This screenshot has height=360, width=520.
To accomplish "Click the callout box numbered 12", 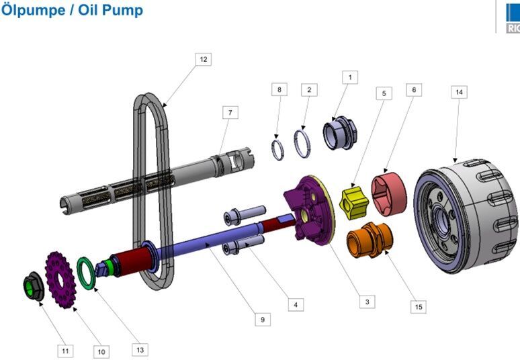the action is [x=204, y=59].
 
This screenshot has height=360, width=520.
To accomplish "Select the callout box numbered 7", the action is [x=230, y=112].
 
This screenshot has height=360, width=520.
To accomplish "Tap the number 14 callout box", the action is [x=459, y=92].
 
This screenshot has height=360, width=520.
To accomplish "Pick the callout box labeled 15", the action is [x=419, y=307].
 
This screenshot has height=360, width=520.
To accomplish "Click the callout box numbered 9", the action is [x=263, y=320].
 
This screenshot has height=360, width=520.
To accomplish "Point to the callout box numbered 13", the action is [x=140, y=350].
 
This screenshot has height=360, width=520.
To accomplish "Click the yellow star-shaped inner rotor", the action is [x=354, y=203].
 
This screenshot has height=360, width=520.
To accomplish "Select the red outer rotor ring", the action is [x=389, y=193].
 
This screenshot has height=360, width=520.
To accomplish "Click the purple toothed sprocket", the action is [x=60, y=279].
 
